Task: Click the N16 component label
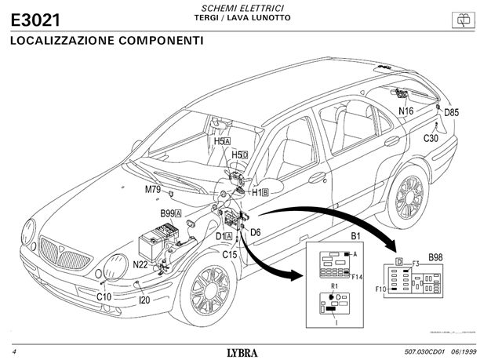point(406,111)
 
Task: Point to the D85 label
point(451,112)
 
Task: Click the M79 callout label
point(152,190)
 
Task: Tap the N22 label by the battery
point(140,264)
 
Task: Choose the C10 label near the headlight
point(104,296)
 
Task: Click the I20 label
point(144,300)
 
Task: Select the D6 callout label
point(256,232)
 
